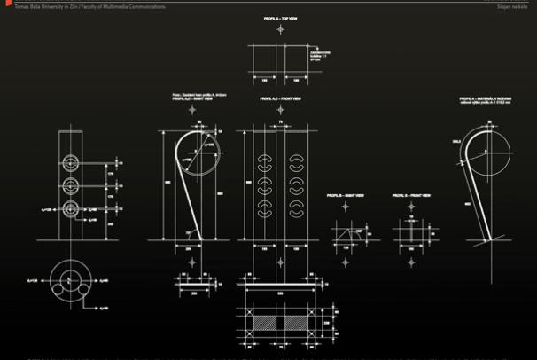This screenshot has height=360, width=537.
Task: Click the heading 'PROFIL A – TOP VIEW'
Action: [x=280, y=18]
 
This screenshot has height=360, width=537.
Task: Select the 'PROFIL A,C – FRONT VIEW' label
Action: [x=280, y=99]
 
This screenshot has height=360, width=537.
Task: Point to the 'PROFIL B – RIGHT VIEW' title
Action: [x=346, y=194]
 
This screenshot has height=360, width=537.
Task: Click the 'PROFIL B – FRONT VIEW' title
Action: [x=411, y=194]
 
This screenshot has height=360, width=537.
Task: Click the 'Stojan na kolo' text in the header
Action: [x=518, y=5]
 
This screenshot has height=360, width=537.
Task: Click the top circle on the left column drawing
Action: [x=71, y=163]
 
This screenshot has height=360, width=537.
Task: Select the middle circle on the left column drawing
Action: [x=71, y=186]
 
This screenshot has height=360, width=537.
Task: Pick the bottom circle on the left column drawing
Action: [x=71, y=210]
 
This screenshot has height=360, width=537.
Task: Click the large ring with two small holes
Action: [x=71, y=278]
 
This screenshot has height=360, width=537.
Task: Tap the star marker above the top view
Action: [x=280, y=29]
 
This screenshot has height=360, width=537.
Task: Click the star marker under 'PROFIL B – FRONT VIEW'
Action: [x=411, y=206]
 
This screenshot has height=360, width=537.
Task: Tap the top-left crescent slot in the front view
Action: [x=263, y=162]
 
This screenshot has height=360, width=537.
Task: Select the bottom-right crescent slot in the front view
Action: [x=297, y=210]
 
